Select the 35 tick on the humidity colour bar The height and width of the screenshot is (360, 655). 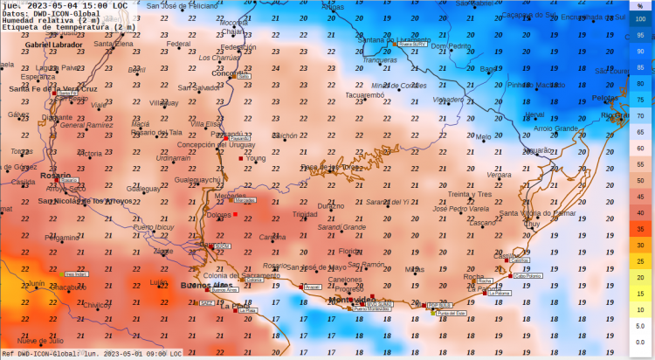640,228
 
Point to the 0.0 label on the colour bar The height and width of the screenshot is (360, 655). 640,342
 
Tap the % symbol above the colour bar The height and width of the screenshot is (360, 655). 640,5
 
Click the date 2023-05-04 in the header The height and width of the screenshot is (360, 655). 59,5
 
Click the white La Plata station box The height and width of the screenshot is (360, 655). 248,310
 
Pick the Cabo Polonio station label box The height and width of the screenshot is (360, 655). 527,275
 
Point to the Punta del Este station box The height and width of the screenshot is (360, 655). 451,313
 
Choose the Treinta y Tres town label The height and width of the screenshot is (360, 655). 470,194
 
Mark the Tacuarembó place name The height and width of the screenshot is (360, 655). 364,95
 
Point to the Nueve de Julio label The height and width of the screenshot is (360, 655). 41,341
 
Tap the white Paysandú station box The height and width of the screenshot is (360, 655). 240,138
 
